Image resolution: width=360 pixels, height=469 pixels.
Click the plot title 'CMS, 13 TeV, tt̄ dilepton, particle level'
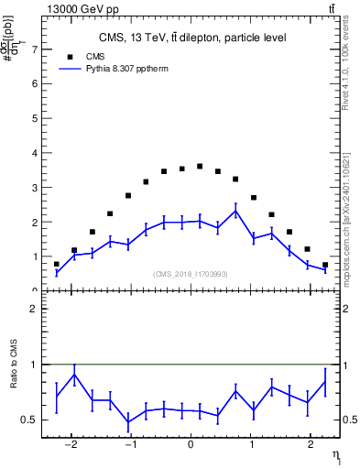point(192,38)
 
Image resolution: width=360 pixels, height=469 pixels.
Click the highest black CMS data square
point(200,166)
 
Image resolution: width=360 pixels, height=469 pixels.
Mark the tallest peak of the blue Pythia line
point(235,211)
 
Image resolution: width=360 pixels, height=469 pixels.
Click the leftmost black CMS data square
point(56,265)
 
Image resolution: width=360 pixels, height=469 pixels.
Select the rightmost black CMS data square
point(325,265)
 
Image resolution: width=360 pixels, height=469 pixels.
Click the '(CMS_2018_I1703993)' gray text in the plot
point(191,274)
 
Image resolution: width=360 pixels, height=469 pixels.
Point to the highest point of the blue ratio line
point(74,374)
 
